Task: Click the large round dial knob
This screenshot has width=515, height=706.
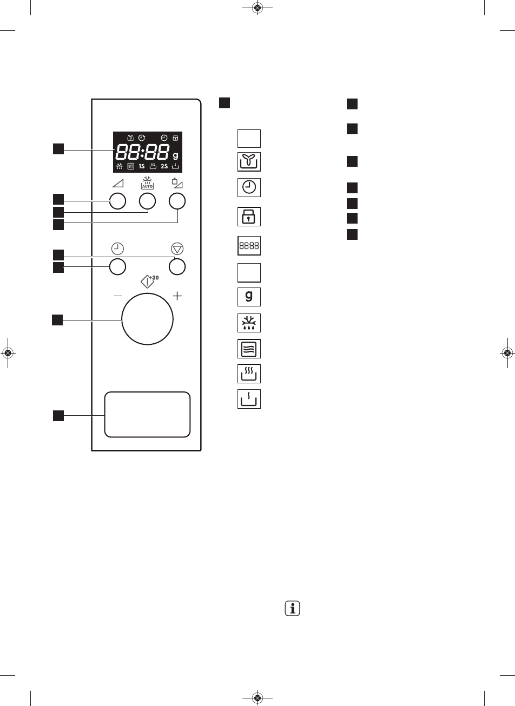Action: click(x=147, y=319)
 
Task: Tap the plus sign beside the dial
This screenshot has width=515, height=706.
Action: click(x=177, y=296)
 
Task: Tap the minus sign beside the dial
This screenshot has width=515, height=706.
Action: click(x=118, y=296)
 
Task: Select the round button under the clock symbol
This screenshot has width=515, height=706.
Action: click(x=118, y=266)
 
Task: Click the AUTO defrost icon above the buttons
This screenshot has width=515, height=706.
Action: click(x=147, y=182)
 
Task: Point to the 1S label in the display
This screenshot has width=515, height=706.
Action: click(x=142, y=166)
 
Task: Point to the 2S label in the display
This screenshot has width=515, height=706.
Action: click(x=164, y=166)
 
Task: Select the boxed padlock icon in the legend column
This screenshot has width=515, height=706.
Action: click(x=249, y=217)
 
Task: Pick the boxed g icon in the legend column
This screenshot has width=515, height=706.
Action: click(x=249, y=297)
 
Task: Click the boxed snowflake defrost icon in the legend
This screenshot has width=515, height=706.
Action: click(x=249, y=324)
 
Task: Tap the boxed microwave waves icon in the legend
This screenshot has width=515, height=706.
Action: click(x=249, y=349)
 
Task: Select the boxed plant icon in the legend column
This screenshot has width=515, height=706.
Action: click(x=249, y=161)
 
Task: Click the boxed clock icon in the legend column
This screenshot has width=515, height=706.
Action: click(x=249, y=187)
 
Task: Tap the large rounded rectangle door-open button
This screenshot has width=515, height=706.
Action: click(x=147, y=414)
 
